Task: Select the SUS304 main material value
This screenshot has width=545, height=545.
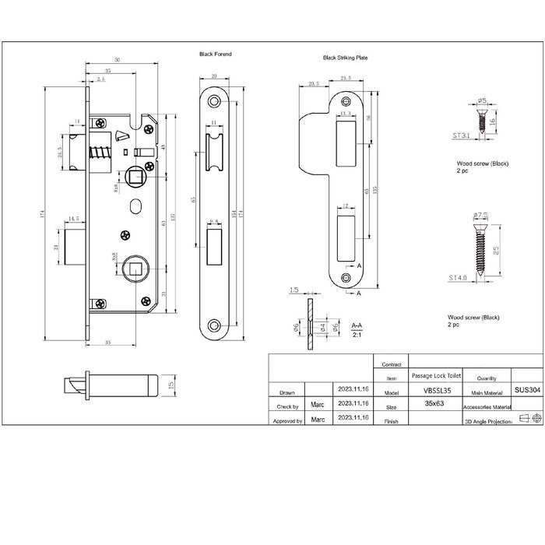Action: (527, 392)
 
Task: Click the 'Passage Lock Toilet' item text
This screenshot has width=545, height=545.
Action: (431, 375)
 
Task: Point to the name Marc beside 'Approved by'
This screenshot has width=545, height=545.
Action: (318, 420)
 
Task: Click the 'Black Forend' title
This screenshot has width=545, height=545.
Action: (216, 54)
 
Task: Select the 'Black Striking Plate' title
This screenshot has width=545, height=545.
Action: (344, 58)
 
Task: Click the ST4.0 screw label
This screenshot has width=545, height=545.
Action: (459, 276)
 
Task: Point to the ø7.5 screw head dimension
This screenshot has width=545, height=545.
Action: (480, 214)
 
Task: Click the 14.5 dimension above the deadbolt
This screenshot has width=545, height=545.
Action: (73, 219)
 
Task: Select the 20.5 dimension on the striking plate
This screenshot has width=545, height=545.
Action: (315, 84)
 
